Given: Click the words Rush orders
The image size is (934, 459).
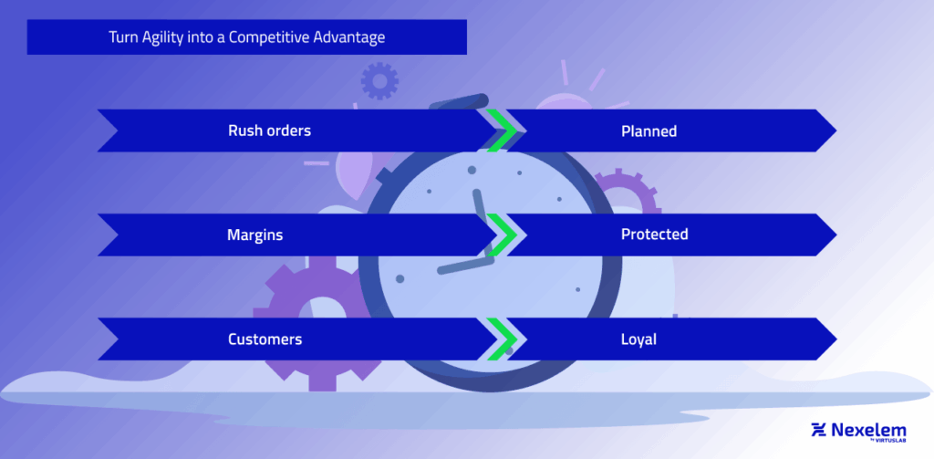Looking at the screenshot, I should [269, 130].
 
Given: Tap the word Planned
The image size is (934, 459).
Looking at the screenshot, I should [649, 130].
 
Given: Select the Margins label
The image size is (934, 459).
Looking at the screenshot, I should [254, 235].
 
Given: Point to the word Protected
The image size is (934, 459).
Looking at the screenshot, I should [654, 235].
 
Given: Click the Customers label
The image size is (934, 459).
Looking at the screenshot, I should [265, 339].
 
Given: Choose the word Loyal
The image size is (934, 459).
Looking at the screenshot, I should [638, 339].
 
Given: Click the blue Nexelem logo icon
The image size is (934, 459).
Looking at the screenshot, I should [818, 430].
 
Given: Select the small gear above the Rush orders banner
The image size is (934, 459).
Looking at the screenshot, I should [379, 81].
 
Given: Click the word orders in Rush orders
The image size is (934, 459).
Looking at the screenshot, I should [287, 130].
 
